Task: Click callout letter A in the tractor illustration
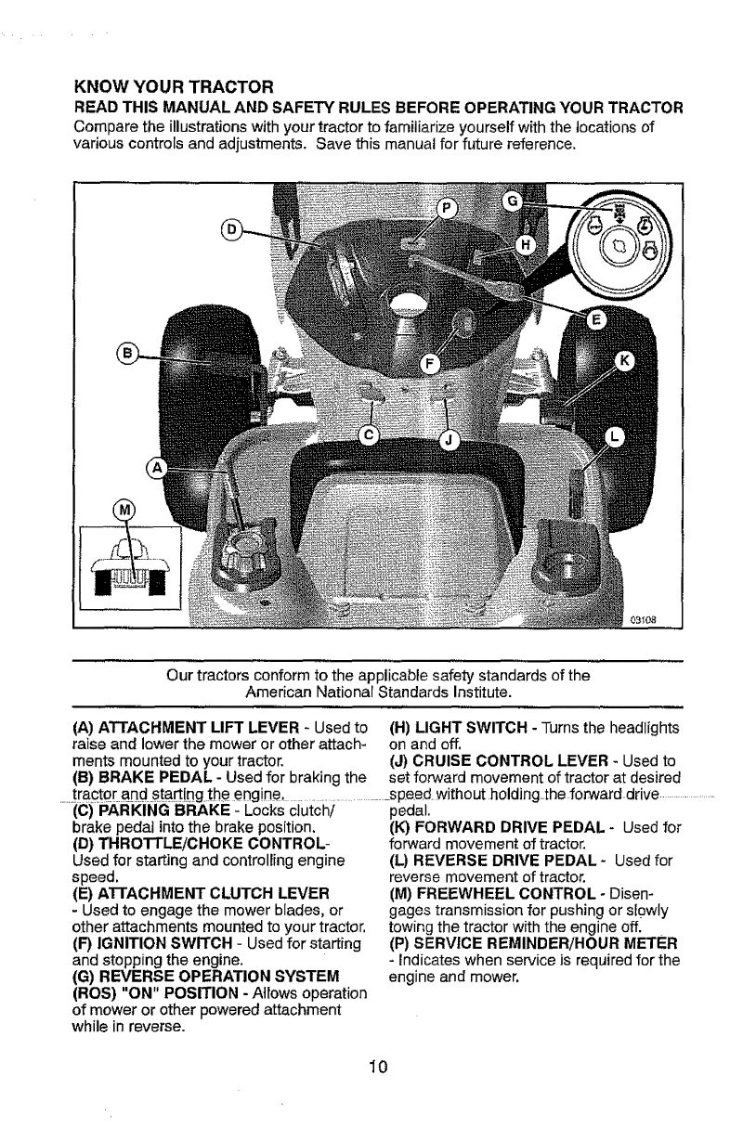pos(161,468)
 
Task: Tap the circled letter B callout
pos(129,354)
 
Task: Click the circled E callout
pos(596,321)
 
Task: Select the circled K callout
pos(624,358)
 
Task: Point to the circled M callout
pos(123,509)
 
